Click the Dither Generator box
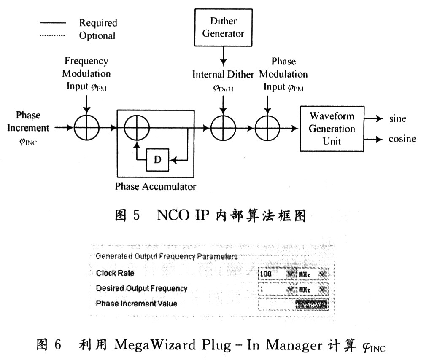pyautogui.click(x=223, y=27)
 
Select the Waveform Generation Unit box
pyautogui.click(x=332, y=129)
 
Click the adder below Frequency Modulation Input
pyautogui.click(x=86, y=126)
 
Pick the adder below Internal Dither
pyautogui.click(x=223, y=126)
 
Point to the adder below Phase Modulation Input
pyautogui.click(x=267, y=126)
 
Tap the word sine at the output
pyautogui.click(x=397, y=119)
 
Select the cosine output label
pyautogui.click(x=402, y=139)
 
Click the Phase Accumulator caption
pyautogui.click(x=156, y=186)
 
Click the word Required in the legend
pyautogui.click(x=98, y=23)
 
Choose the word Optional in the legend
pyautogui.click(x=97, y=35)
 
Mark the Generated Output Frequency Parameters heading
pyautogui.click(x=166, y=256)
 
